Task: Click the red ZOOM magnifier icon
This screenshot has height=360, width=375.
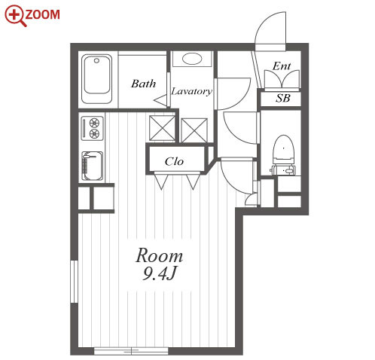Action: [x=14, y=16]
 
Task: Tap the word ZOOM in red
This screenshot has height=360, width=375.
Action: [x=43, y=14]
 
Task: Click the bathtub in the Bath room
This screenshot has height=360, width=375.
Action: [x=96, y=79]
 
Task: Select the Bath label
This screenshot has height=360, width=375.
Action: [x=144, y=84]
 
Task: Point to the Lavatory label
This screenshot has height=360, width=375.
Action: [x=192, y=91]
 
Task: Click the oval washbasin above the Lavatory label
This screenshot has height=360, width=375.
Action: [x=192, y=59]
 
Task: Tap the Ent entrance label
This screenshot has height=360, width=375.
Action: [x=282, y=66]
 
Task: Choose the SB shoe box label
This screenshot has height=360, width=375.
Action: [x=283, y=98]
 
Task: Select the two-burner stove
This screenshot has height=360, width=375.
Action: [x=93, y=128]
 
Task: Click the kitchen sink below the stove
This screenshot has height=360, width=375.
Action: [x=93, y=166]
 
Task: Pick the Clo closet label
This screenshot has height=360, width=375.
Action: [x=174, y=161]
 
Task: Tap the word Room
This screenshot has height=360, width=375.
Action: [x=160, y=255]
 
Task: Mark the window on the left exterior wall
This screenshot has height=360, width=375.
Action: [x=75, y=282]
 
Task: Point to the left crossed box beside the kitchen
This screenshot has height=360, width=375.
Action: [x=162, y=128]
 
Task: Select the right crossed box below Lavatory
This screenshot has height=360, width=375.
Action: [x=194, y=130]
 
